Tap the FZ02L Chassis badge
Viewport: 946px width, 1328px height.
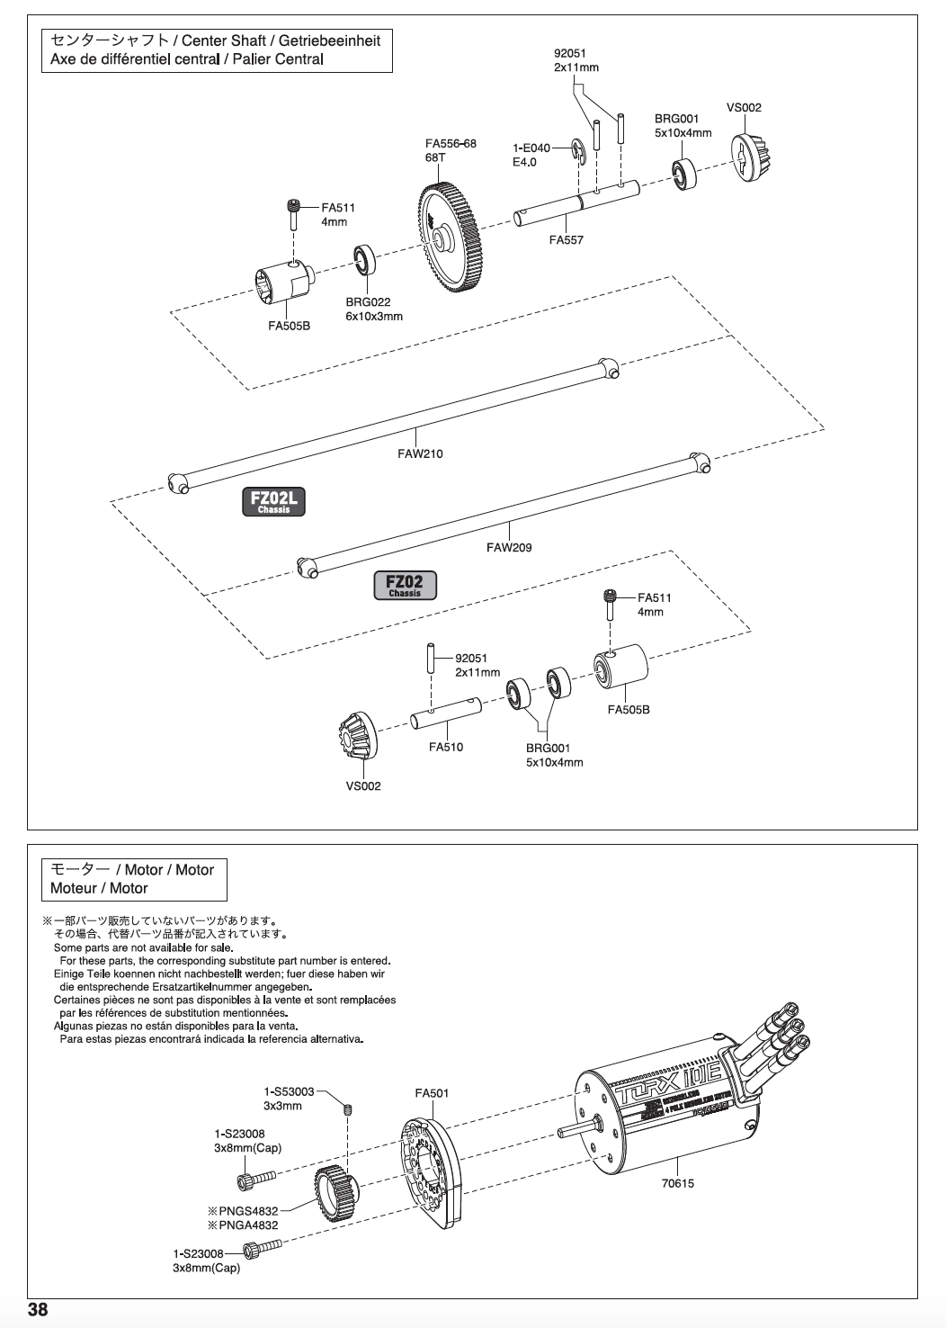[x=273, y=502]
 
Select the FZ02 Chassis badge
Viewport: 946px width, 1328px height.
[x=405, y=586]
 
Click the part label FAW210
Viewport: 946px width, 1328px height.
[x=420, y=453]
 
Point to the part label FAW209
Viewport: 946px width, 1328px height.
[x=509, y=547]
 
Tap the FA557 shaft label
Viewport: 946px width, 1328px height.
[x=567, y=240]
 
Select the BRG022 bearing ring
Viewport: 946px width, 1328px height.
[x=365, y=260]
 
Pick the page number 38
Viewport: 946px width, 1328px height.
[x=38, y=1309]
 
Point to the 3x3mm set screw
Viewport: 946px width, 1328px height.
[x=348, y=1112]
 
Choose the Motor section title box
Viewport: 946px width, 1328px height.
[x=135, y=879]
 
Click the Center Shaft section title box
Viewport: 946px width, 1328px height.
[x=217, y=50]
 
